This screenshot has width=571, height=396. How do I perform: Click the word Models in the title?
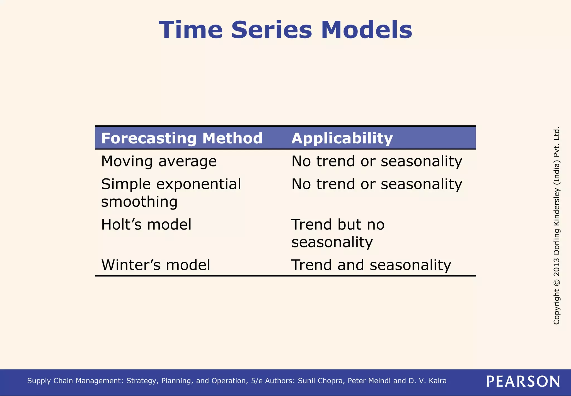(366, 30)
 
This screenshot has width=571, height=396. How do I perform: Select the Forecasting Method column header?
(182, 138)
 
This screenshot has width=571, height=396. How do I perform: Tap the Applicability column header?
(342, 138)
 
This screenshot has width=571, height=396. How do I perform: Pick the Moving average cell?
(159, 161)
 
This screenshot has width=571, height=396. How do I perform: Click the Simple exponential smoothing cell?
(171, 193)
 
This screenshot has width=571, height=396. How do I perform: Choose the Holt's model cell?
(146, 225)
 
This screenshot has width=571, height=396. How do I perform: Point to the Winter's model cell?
(156, 265)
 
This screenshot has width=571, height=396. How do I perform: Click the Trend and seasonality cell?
(371, 265)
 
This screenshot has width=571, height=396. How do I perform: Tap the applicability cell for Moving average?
(377, 161)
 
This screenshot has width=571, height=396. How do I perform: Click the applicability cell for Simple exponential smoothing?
(377, 184)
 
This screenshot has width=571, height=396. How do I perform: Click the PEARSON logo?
(523, 381)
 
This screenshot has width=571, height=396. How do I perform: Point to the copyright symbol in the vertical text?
(557, 282)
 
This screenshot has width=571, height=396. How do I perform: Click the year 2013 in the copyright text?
(557, 267)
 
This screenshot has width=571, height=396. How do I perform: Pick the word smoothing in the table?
(139, 202)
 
